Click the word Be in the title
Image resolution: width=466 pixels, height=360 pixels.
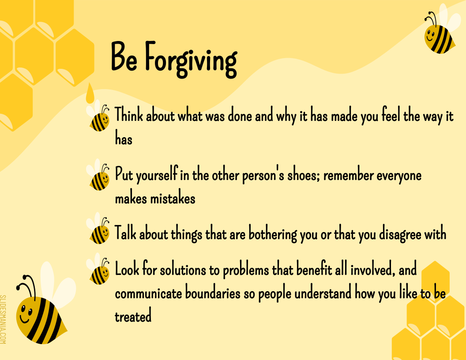point(124,57)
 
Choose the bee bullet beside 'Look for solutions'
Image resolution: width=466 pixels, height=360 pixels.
point(99,272)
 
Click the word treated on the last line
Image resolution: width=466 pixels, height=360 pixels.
point(133,316)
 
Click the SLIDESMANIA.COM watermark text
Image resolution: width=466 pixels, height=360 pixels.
point(4,319)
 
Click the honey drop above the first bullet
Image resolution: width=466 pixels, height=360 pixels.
point(90,93)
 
